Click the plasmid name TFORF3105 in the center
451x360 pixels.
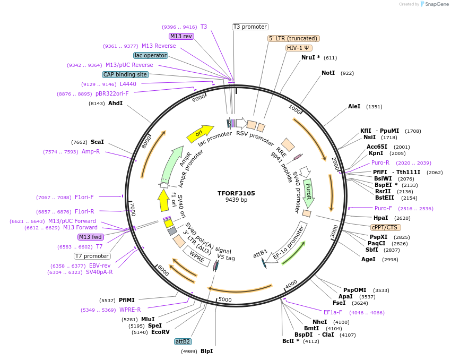pyautogui.click(x=236, y=193)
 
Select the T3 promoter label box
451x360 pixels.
pyautogui.click(x=250, y=27)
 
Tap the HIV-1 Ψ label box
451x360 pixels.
pyautogui.click(x=299, y=48)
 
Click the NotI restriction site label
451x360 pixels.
pyautogui.click(x=328, y=73)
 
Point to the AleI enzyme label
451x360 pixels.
pyautogui.click(x=354, y=107)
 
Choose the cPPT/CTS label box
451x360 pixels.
pyautogui.click(x=386, y=227)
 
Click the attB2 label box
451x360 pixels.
pyautogui.click(x=183, y=341)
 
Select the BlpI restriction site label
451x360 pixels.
pyautogui.click(x=206, y=352)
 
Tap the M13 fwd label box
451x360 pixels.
pyautogui.click(x=90, y=237)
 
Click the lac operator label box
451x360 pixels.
pyautogui.click(x=151, y=55)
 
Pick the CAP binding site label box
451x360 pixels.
pyautogui.click(x=125, y=74)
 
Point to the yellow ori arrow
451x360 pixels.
pyautogui.click(x=200, y=133)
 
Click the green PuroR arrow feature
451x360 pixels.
pyautogui.click(x=307, y=193)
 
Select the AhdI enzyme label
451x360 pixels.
pyautogui.click(x=115, y=103)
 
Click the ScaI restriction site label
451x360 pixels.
pyautogui.click(x=97, y=142)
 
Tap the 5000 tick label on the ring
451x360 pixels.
pyautogui.click(x=225, y=300)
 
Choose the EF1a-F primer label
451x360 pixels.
pyautogui.click(x=333, y=312)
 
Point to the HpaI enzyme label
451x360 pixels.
pyautogui.click(x=380, y=218)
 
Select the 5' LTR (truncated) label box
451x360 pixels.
pyautogui.click(x=293, y=38)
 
